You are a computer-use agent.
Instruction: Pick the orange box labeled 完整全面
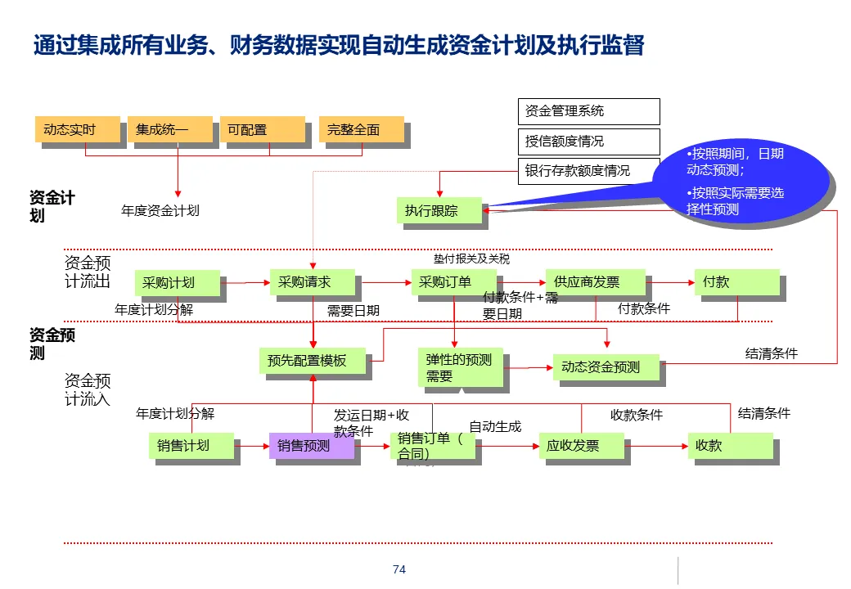click(361, 130)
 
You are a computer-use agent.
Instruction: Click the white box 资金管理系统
click(588, 111)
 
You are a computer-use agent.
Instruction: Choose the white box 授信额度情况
click(588, 142)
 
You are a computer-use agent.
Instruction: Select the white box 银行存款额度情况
click(588, 171)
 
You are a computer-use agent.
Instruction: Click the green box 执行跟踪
click(439, 211)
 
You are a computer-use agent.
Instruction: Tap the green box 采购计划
click(177, 283)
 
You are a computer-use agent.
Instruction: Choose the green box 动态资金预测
click(608, 367)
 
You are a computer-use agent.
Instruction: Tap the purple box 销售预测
click(312, 446)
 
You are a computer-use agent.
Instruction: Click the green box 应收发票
click(581, 446)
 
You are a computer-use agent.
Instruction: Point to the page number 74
click(399, 569)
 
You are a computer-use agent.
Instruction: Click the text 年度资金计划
click(160, 210)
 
